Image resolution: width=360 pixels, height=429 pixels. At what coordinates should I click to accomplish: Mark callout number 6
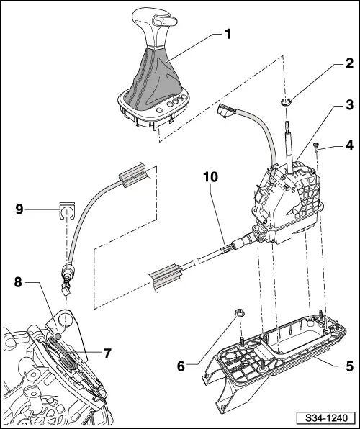[182, 366]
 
